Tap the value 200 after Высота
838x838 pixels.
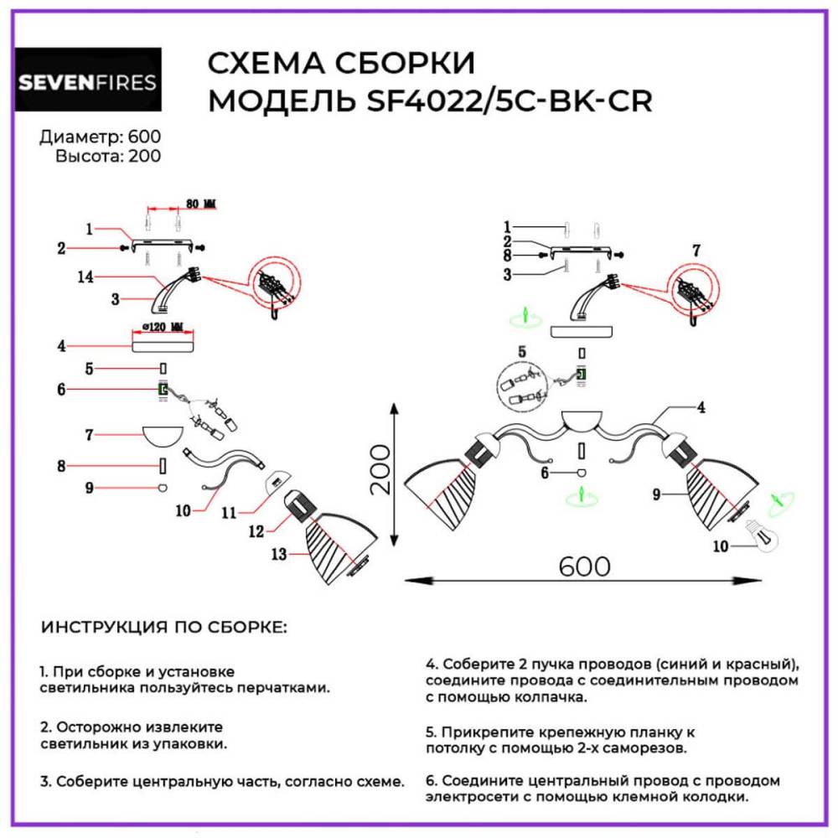144,155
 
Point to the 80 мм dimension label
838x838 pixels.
199,204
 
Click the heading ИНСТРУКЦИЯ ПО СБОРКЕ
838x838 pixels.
164,627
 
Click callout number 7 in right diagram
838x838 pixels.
696,249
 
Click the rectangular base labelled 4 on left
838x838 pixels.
163,343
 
